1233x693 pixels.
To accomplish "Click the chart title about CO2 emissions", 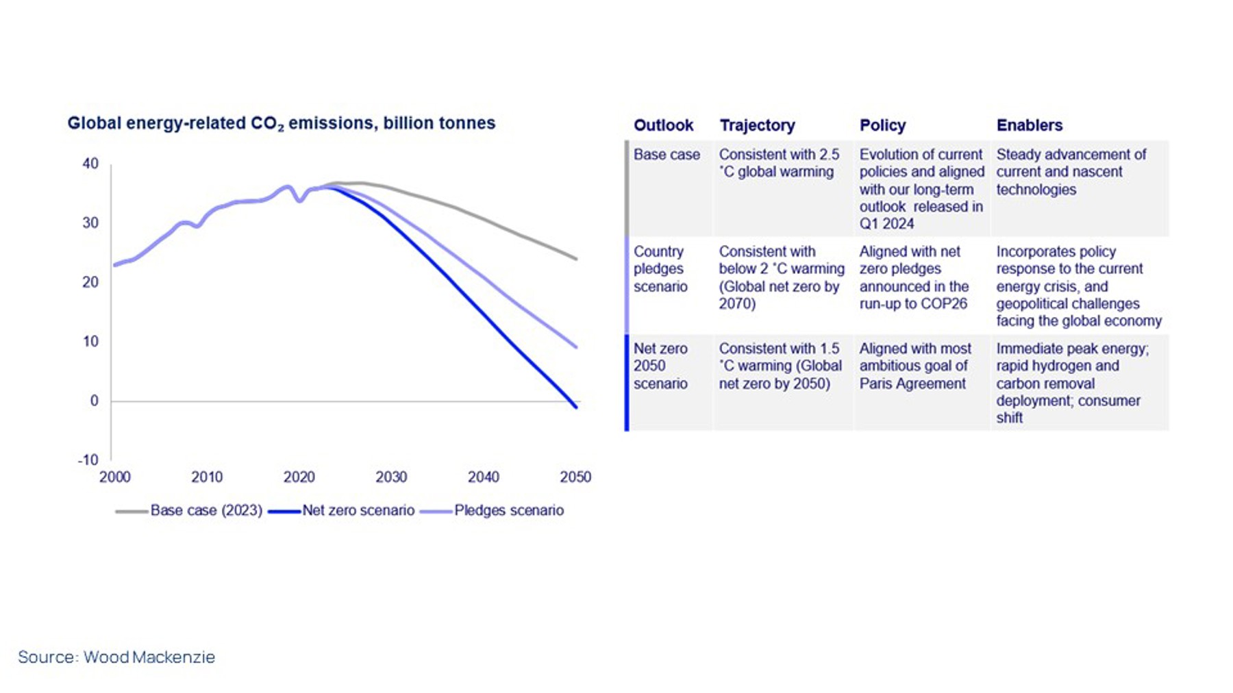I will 281,123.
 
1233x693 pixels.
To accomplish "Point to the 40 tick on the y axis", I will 90,164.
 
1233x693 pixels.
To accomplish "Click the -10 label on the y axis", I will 88,460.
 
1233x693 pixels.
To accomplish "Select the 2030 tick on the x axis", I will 391,477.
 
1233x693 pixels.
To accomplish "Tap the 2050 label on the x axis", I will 575,477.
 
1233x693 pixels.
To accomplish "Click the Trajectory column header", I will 757,125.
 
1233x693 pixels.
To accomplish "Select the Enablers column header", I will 1029,125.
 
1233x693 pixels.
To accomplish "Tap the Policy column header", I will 882,125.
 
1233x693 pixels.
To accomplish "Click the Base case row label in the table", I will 667,155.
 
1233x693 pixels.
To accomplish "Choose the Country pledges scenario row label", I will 660,269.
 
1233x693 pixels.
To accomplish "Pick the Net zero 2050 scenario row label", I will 660,366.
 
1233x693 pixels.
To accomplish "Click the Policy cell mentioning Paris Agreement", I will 914,366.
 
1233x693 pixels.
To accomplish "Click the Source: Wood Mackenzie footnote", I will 116,657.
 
